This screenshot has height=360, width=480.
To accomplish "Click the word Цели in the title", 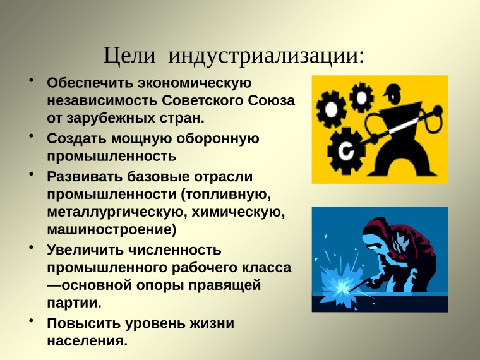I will coord(129,56).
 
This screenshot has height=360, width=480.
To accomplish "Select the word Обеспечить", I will coord(88,83).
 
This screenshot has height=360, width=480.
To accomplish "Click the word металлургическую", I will coord(112,210).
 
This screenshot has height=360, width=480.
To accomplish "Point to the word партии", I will coord(74,303).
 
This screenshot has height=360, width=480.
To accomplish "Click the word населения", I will coord(87,341).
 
